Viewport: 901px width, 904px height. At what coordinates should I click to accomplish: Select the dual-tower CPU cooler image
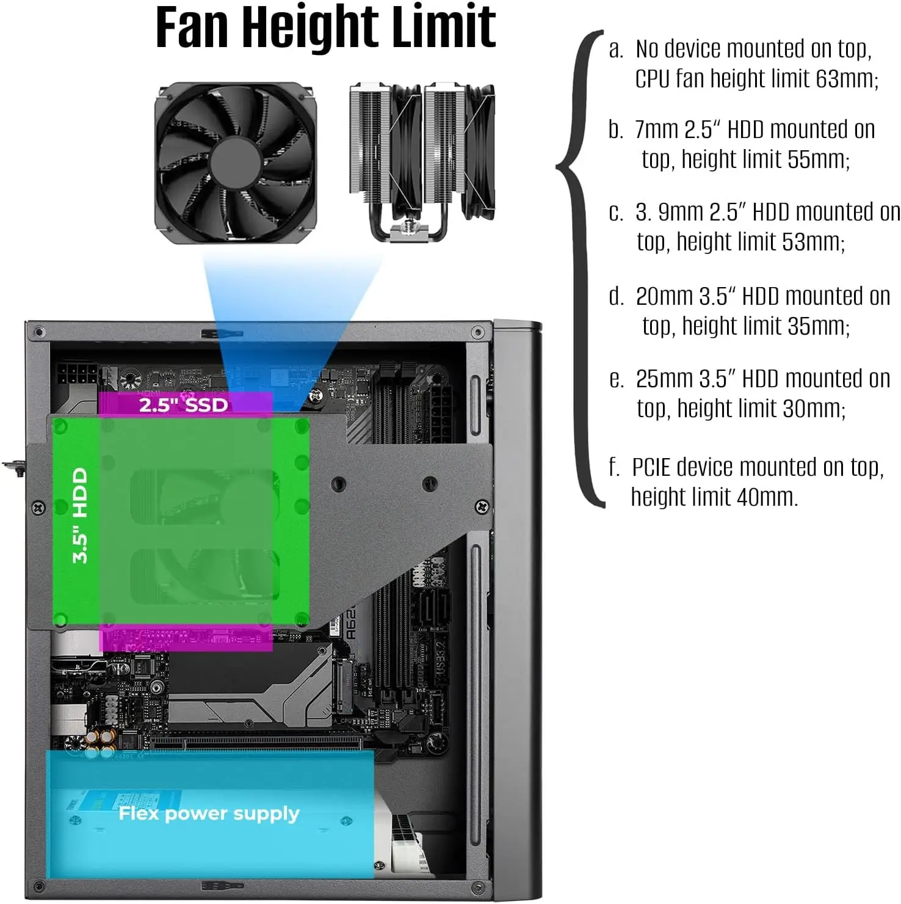[422, 162]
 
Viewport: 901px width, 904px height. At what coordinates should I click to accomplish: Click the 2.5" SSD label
[183, 405]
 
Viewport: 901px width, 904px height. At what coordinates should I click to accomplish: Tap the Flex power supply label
[209, 813]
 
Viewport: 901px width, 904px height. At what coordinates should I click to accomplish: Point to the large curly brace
[580, 269]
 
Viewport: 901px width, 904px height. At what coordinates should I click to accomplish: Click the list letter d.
[615, 297]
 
